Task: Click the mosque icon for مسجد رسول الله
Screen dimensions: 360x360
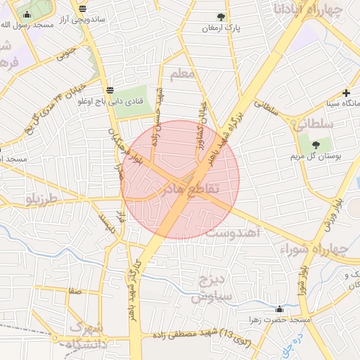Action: [27, 14]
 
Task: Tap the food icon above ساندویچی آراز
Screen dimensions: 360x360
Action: [84, 8]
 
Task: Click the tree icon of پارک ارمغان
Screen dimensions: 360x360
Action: [221, 16]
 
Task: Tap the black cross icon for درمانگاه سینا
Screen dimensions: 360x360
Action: [345, 93]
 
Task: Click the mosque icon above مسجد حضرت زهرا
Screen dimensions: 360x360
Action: [280, 309]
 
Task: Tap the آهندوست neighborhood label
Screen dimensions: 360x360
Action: [226, 232]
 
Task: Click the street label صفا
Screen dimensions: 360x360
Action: [74, 290]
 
